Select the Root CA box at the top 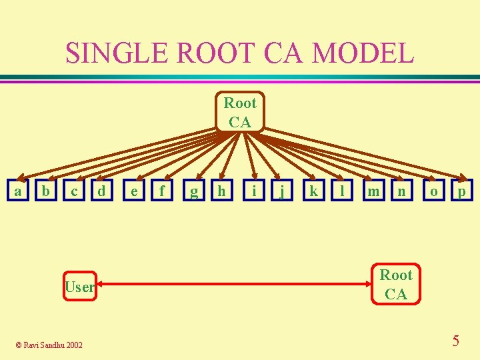point(240,112)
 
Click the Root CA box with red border point(396,284)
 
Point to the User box point(79,287)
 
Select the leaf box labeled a point(18,191)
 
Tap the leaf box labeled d point(101,191)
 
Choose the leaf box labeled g point(194,191)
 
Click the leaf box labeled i point(254,191)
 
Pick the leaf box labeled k point(313,191)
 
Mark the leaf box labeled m point(374,191)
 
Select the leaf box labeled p point(461,191)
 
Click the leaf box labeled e point(135,191)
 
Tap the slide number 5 point(455,341)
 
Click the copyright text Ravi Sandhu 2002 point(49,345)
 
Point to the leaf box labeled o point(434,191)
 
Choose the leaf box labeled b point(45,191)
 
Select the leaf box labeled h point(222,191)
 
